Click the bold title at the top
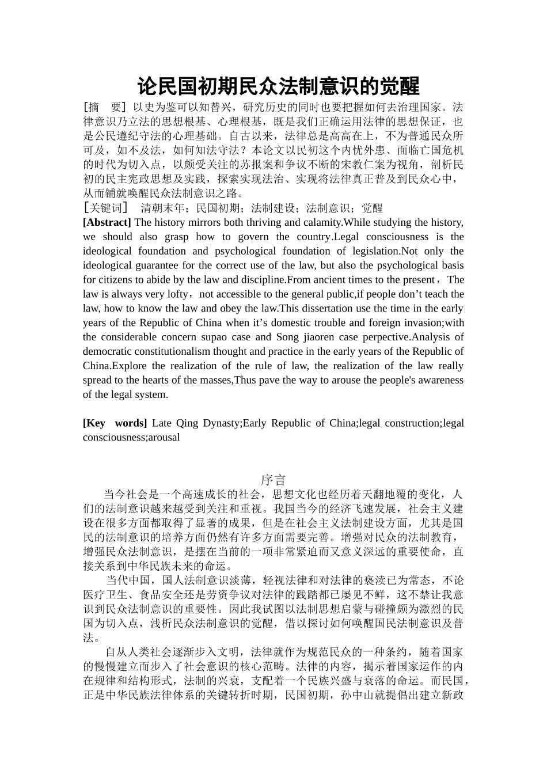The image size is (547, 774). (279, 86)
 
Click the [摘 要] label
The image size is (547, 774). (104, 107)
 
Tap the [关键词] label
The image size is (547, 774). (105, 208)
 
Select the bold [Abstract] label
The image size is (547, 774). (107, 222)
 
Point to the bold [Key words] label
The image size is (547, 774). (115, 423)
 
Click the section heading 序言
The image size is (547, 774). (273, 480)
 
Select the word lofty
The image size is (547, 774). (174, 294)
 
